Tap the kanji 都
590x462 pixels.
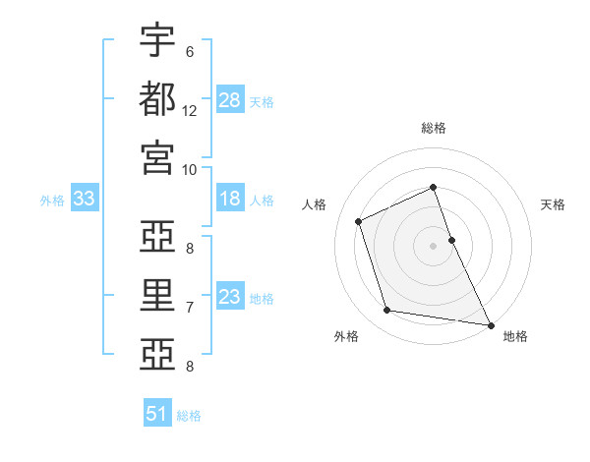tap(157, 98)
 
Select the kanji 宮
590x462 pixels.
tap(157, 156)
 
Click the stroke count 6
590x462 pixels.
tap(190, 51)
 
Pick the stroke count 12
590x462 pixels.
tap(190, 110)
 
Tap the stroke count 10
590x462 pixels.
tap(190, 168)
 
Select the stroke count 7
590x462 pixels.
tap(190, 307)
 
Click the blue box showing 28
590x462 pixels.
tap(230, 100)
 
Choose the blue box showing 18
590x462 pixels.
tap(230, 199)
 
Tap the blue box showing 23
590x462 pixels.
tap(230, 297)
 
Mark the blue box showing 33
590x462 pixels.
tap(85, 199)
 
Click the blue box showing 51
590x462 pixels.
tap(157, 414)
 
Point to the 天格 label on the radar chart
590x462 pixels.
tap(554, 204)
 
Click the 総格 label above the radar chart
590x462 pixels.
tap(434, 128)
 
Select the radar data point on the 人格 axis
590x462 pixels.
tap(359, 221)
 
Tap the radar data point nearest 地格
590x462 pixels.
tap(489, 323)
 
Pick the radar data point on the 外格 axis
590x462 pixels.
tap(387, 311)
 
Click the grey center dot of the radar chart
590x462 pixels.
tap(434, 245)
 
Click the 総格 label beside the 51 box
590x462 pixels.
tap(189, 416)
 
